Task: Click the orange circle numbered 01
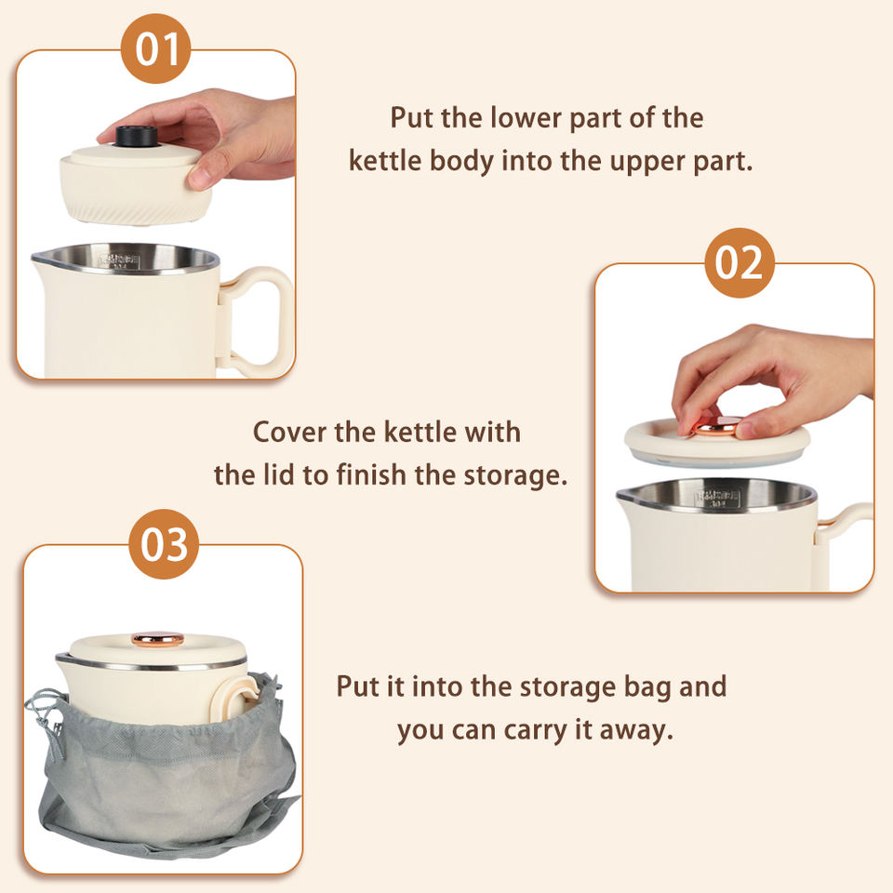click(x=155, y=49)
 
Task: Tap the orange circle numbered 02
click(x=740, y=262)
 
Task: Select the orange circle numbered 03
click(x=164, y=544)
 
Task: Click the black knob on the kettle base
click(x=137, y=137)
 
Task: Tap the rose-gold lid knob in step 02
click(x=714, y=426)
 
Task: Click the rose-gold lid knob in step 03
click(x=158, y=639)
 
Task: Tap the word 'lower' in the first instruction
click(x=526, y=117)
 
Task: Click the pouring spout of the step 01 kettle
click(x=41, y=260)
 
